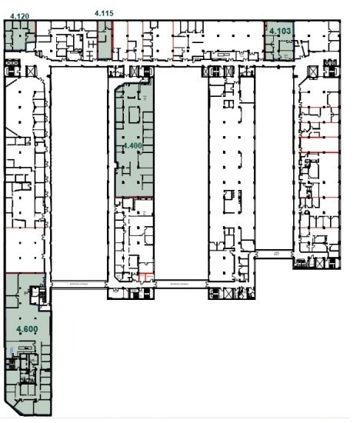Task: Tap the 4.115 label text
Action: click(x=104, y=13)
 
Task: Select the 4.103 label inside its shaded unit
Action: click(x=279, y=32)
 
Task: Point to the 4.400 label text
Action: click(x=132, y=145)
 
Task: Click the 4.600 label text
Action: click(x=28, y=328)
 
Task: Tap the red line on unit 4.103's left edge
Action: click(x=265, y=42)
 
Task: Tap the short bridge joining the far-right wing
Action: click(x=272, y=253)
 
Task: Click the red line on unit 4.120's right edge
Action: click(x=35, y=35)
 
